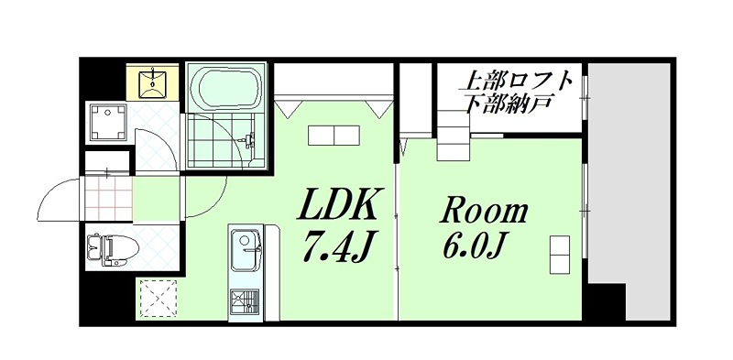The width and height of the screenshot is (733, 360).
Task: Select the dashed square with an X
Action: [158, 296]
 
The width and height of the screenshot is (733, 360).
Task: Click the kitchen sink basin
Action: [245, 247]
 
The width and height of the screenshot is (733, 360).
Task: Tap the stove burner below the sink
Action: [245, 300]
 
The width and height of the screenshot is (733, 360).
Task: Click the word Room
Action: [485, 211]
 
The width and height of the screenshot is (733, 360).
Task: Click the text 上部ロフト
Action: [518, 80]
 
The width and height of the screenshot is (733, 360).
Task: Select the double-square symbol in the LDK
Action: [334, 136]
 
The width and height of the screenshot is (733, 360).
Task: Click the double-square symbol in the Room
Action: [559, 254]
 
